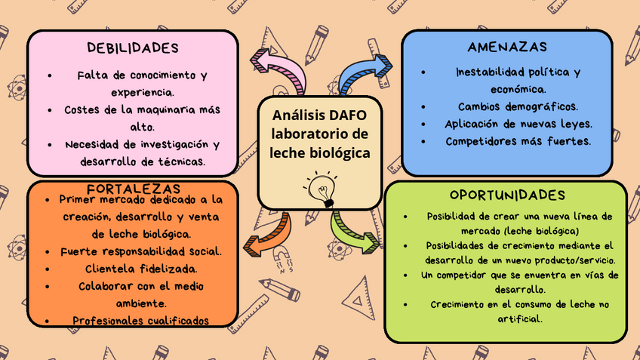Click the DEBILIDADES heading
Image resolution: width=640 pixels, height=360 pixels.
point(133,48)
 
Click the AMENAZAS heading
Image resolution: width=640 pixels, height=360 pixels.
point(506,47)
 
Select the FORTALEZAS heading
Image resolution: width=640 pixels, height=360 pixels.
point(133,188)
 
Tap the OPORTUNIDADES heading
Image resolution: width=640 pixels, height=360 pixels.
point(506,195)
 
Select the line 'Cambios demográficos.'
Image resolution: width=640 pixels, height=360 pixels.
point(518,106)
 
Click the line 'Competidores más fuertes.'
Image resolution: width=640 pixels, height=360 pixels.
point(518,141)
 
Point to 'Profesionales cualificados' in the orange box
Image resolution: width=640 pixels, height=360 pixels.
point(140,321)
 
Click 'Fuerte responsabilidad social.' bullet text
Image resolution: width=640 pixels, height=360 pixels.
point(140,251)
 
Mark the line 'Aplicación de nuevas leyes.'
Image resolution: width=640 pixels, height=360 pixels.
point(518,124)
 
